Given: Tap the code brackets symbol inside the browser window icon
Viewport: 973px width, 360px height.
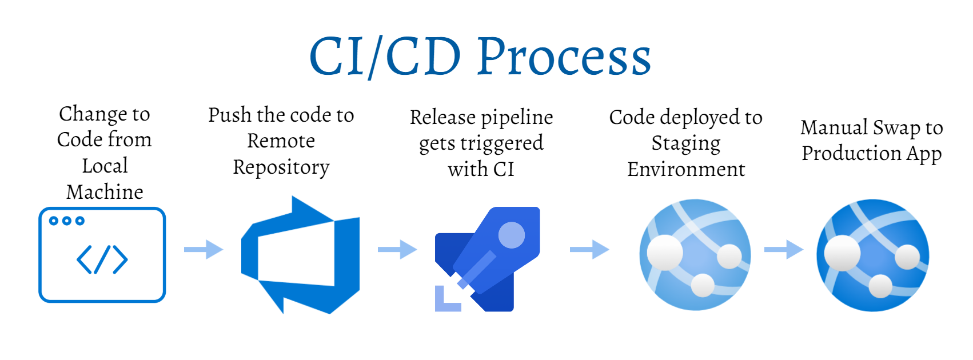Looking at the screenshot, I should [x=102, y=260].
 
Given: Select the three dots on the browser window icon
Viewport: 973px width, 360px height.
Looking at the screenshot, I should [x=66, y=221].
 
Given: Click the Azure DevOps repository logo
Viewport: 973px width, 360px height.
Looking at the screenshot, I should [x=300, y=255].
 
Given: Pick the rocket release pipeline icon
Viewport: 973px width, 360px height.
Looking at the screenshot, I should [x=488, y=259].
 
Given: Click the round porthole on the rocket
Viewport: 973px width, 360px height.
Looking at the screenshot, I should [x=511, y=235].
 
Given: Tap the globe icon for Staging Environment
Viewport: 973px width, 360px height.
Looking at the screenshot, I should [x=695, y=255].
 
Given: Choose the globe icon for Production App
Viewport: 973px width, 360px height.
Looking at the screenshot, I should [x=872, y=255].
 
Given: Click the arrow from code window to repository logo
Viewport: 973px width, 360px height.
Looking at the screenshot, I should [x=204, y=249].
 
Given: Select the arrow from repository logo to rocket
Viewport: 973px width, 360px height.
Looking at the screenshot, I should [x=397, y=249].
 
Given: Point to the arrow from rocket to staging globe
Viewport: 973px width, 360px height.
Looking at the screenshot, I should [x=589, y=249].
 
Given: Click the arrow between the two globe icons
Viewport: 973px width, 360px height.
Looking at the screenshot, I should [x=784, y=249].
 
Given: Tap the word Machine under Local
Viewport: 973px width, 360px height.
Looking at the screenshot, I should [x=105, y=192].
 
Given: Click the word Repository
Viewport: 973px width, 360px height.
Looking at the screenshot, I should [x=281, y=167].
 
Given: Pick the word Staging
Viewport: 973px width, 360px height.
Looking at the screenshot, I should [x=685, y=143].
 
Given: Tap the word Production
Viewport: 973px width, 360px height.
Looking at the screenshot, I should [x=843, y=153].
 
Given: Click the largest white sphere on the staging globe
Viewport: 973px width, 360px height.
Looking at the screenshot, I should [x=664, y=252].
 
